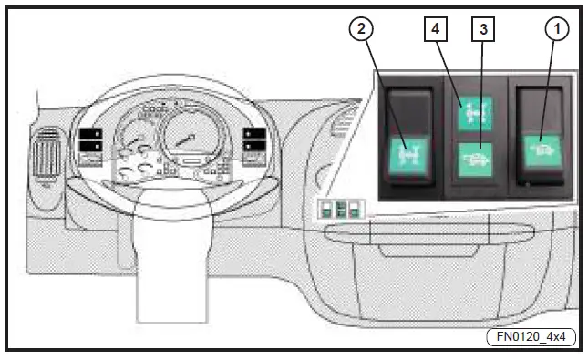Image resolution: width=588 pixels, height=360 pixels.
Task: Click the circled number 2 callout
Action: (x=363, y=29)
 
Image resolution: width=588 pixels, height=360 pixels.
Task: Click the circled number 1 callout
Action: (x=554, y=29)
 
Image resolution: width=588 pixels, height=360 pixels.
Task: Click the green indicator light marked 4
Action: (x=475, y=114)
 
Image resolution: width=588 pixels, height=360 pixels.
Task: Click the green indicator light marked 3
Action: (x=475, y=160)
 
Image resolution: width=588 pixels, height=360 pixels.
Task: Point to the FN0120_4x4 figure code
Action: (x=536, y=335)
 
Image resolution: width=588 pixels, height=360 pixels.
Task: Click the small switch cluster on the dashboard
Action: (x=339, y=209)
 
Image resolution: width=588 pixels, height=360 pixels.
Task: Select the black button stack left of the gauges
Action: (x=90, y=144)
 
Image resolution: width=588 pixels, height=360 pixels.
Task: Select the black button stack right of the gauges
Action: (x=255, y=143)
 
